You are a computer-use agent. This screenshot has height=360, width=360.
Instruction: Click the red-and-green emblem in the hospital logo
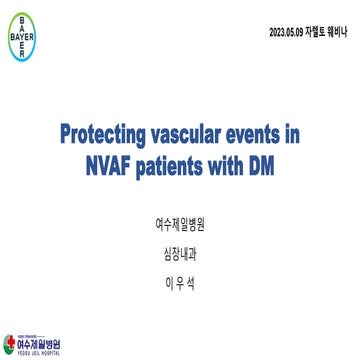[9, 345]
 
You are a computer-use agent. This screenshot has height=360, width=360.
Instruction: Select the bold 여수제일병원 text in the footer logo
[39, 344]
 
